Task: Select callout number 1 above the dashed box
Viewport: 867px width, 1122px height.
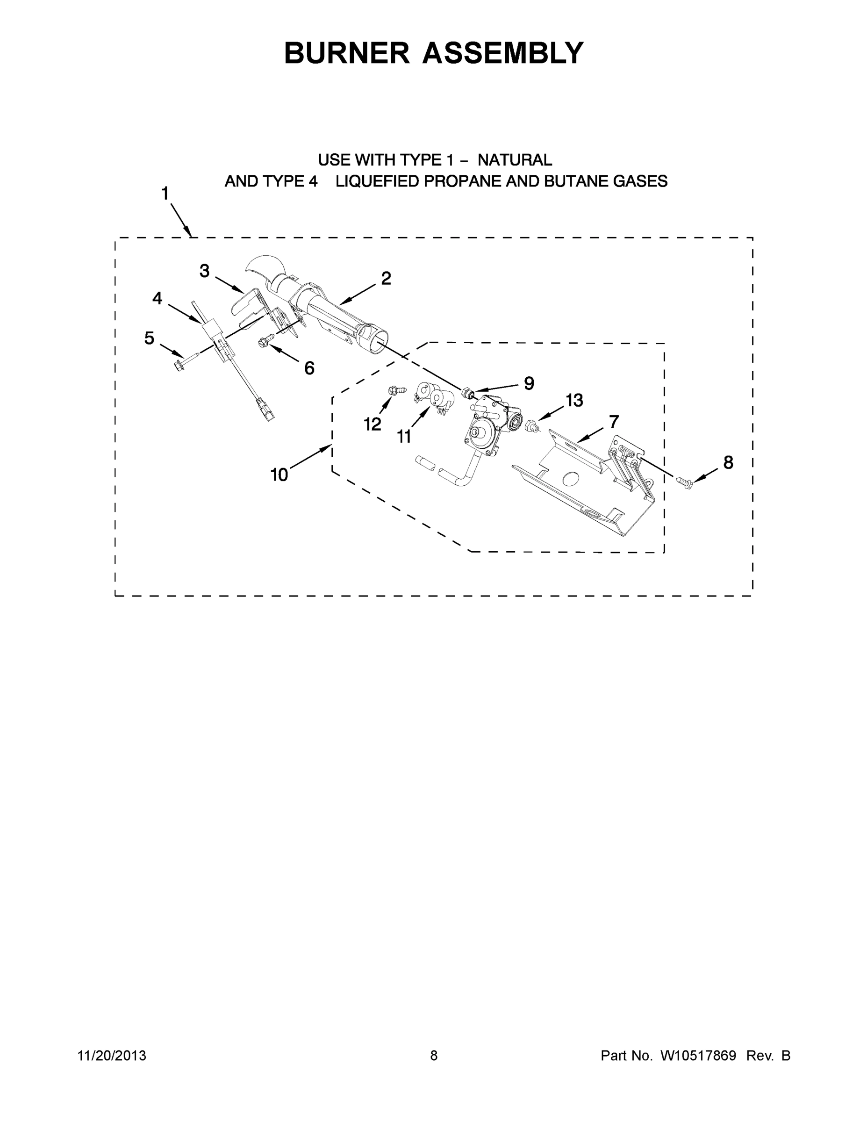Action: tap(165, 194)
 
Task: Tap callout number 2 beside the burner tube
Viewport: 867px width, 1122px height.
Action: tap(386, 278)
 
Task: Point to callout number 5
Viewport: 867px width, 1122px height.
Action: tap(149, 338)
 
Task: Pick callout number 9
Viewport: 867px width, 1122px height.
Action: tap(529, 383)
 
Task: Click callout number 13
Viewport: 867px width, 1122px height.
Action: tap(574, 400)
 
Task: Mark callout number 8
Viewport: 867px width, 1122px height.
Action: tap(728, 462)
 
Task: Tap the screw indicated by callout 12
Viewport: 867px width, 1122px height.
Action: tap(396, 391)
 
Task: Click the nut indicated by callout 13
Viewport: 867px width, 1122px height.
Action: tap(531, 425)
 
